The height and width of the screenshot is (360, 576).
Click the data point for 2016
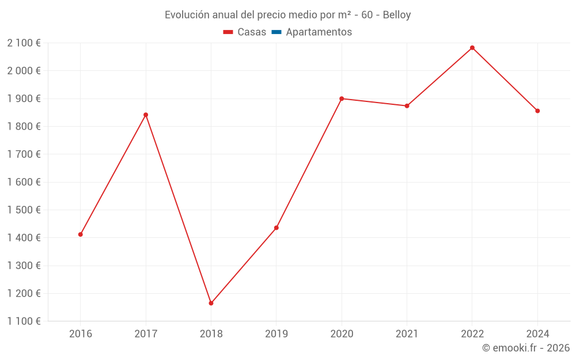tap(81, 234)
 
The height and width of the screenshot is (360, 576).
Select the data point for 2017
tap(146, 115)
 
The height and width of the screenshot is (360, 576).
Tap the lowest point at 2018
tap(211, 303)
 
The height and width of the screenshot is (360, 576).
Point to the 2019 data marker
tap(276, 228)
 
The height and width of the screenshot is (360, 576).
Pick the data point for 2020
tap(342, 98)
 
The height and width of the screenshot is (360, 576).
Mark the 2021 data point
tap(407, 106)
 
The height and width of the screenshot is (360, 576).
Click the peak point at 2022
tap(472, 48)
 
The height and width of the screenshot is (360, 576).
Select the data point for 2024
tap(537, 111)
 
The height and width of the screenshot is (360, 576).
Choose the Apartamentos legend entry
tap(319, 32)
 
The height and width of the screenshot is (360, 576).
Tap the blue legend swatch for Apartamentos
tap(276, 32)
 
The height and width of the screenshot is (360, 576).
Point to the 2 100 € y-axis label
tap(24, 43)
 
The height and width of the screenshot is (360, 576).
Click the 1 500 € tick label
tap(24, 210)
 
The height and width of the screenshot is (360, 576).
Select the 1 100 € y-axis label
tap(24, 321)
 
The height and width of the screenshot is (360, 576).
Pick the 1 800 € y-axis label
tap(24, 127)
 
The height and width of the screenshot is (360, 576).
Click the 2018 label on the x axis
tap(211, 334)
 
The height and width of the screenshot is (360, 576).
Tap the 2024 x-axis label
tap(537, 334)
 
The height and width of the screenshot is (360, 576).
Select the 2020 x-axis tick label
tap(342, 334)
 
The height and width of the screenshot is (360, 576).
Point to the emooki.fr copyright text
tap(526, 348)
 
